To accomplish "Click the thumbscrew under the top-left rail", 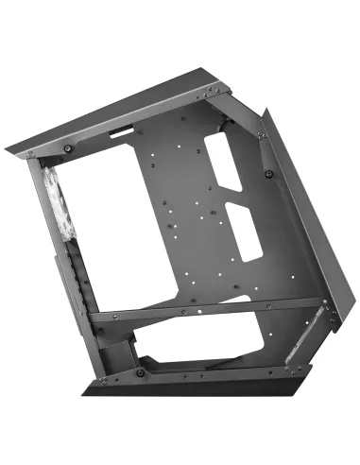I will click(x=69, y=147).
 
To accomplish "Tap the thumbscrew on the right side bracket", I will click(x=269, y=173).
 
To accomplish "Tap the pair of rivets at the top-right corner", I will click(x=214, y=90).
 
